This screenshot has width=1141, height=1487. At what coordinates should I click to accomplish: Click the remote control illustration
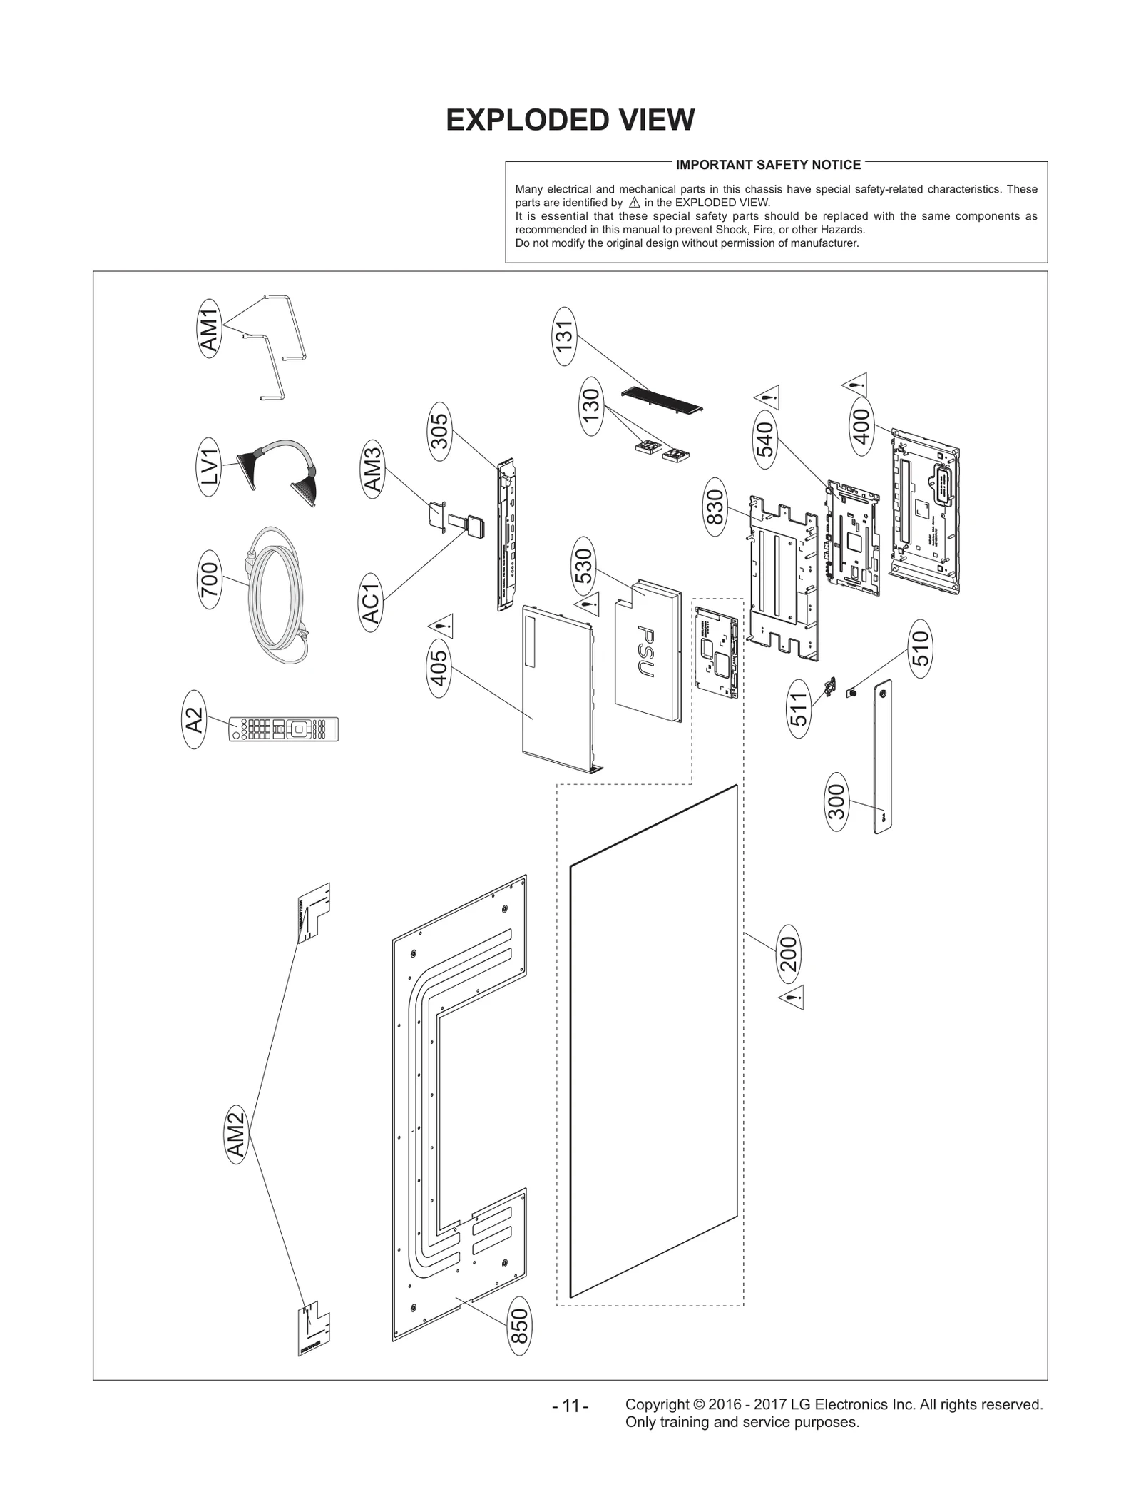pyautogui.click(x=284, y=729)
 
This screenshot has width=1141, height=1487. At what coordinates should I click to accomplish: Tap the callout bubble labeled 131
pyautogui.click(x=564, y=336)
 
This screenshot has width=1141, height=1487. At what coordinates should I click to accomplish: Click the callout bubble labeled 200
pyautogui.click(x=789, y=953)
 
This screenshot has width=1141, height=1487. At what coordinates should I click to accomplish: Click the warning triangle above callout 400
pyautogui.click(x=855, y=385)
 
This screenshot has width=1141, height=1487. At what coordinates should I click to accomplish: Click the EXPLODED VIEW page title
pyautogui.click(x=570, y=120)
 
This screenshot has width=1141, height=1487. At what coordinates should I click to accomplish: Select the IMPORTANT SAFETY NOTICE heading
pyautogui.click(x=768, y=165)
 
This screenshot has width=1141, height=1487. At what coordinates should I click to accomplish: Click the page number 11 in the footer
pyautogui.click(x=570, y=1406)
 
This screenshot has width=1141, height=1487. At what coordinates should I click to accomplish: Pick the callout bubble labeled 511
pyautogui.click(x=799, y=709)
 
